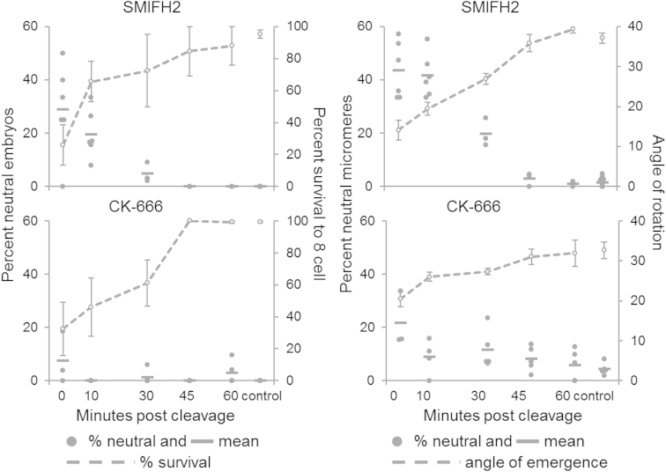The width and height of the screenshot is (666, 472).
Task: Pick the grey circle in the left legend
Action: coord(74,440)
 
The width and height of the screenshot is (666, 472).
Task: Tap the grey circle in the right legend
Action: coord(402,440)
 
